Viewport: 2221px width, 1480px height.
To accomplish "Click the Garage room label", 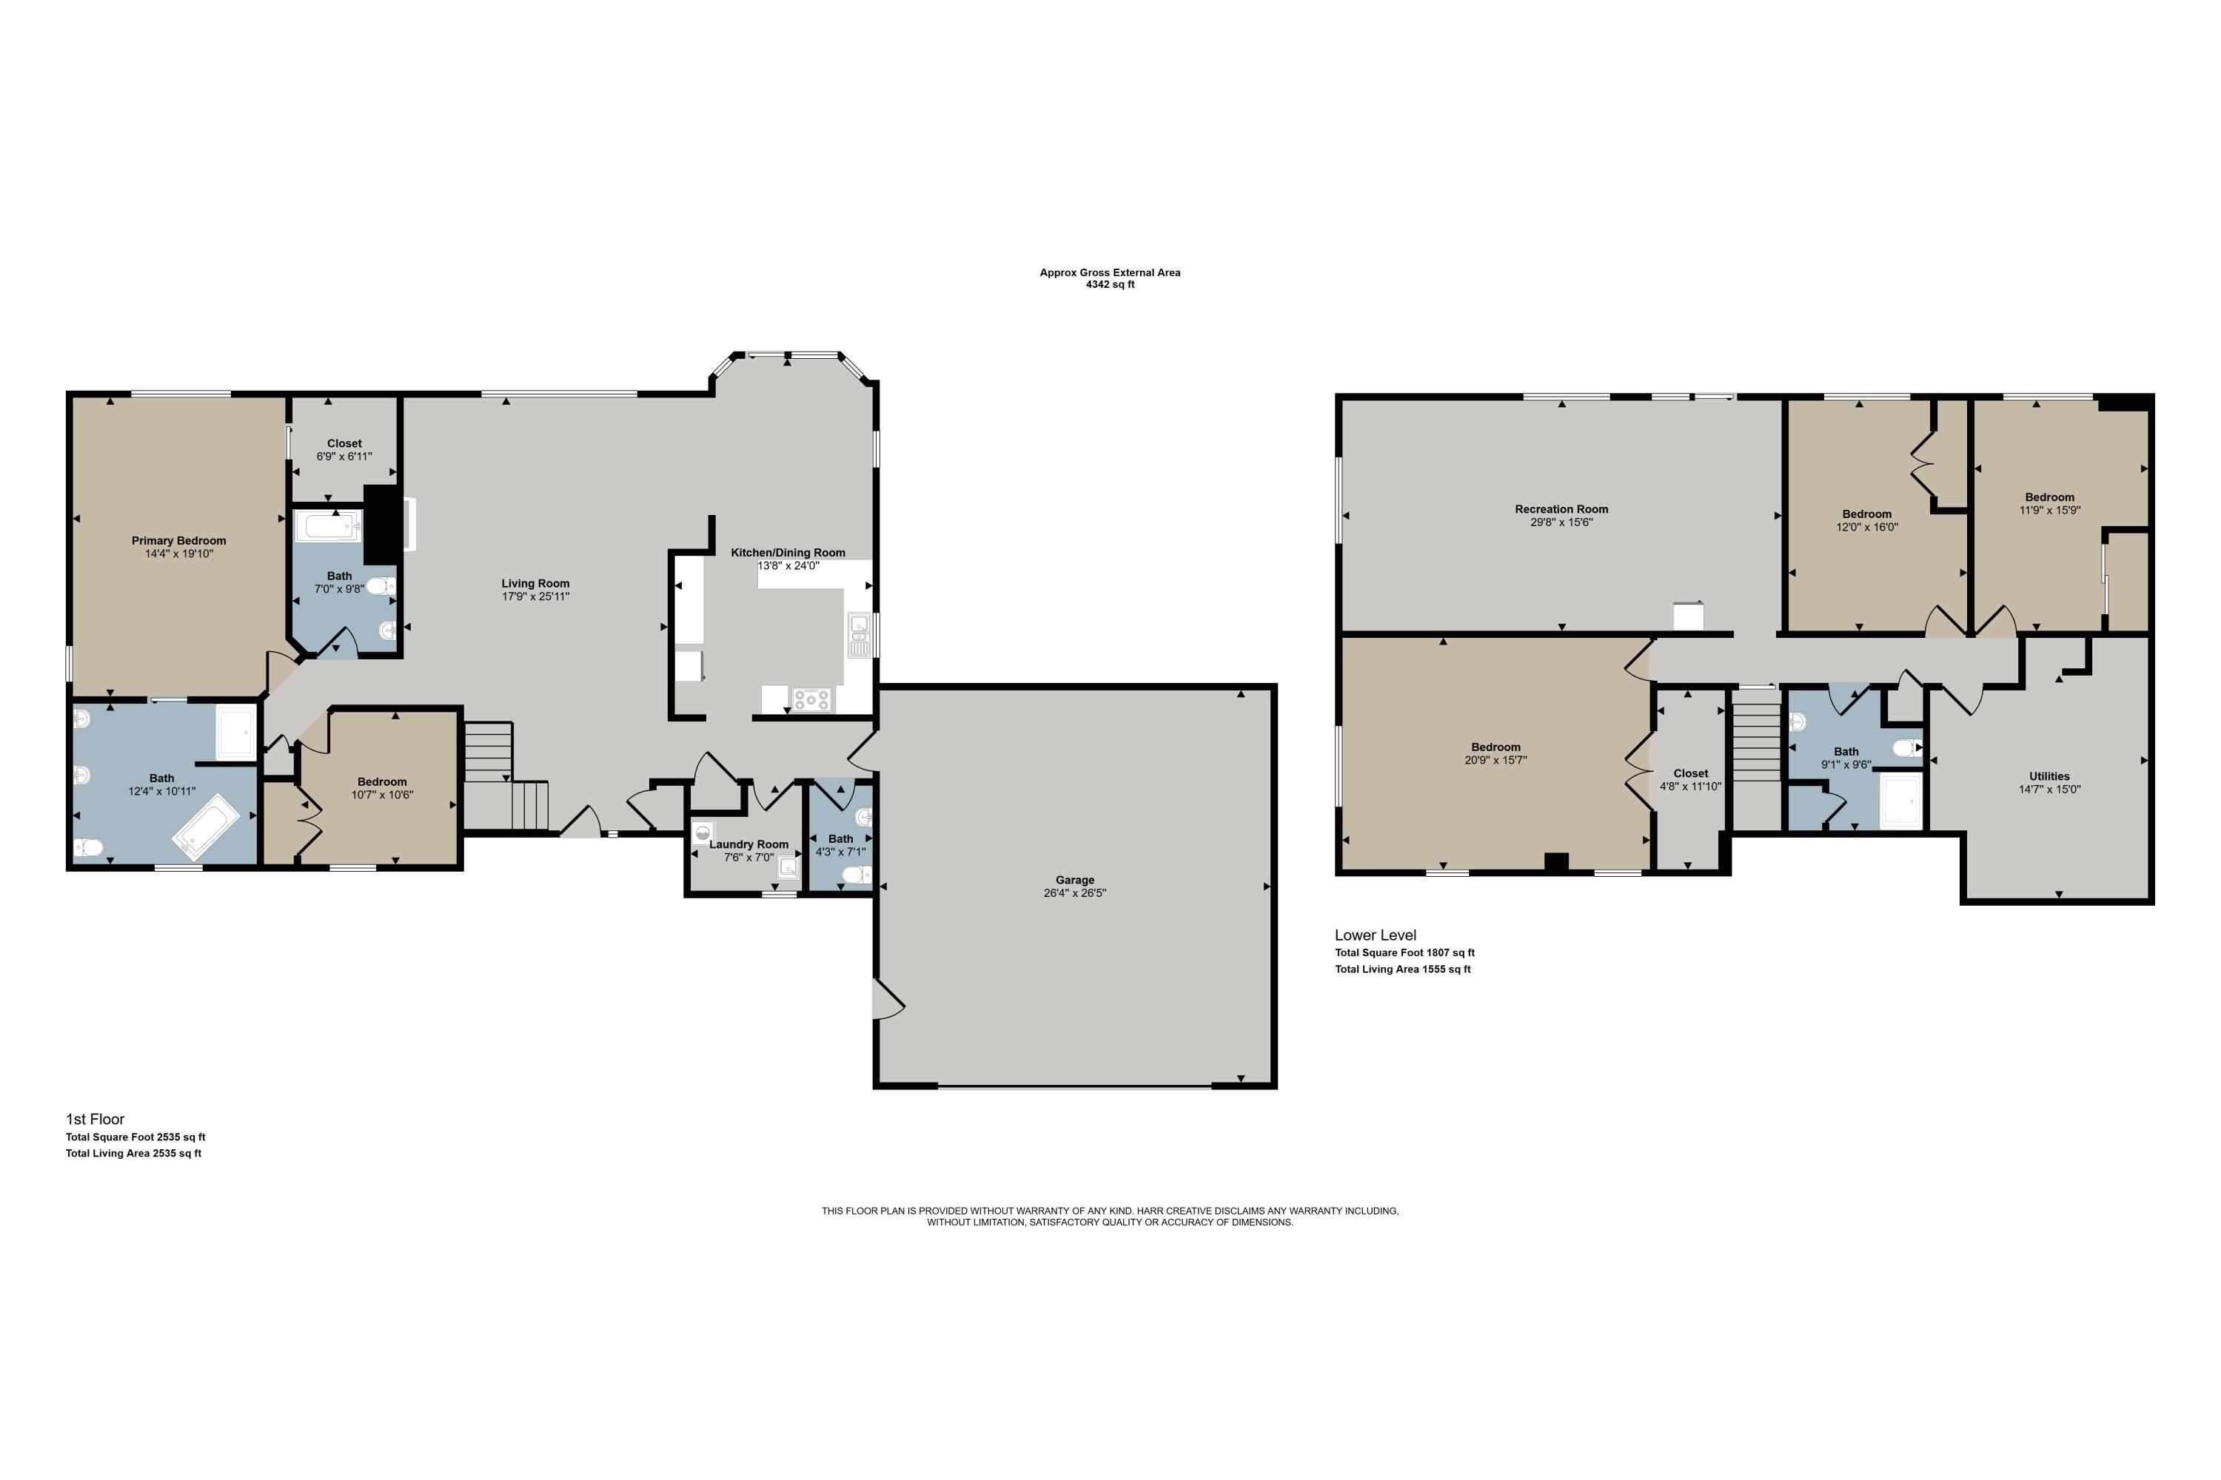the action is coord(1075,880).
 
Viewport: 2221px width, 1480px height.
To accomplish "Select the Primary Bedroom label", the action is coord(178,541).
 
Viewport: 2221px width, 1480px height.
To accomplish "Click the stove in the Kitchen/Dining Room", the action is coord(812,699).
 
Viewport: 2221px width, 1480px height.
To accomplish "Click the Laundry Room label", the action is coord(748,845).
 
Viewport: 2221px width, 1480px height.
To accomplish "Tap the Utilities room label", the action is coord(2049,776).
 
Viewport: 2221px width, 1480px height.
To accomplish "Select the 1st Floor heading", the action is coord(95,1120).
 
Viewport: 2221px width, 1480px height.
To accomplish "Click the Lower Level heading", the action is coord(1375,935).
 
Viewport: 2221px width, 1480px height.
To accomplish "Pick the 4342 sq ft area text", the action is coord(1110,284).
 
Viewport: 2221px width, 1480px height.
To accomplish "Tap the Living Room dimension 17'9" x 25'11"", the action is coord(535,596).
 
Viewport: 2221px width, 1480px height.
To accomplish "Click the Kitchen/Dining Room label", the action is coord(788,553).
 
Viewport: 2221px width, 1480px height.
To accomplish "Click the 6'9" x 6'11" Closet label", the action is coord(345,443).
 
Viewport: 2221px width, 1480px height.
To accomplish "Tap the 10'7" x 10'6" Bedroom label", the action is coord(383,781).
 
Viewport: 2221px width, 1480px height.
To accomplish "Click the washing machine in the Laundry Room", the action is coord(703,832).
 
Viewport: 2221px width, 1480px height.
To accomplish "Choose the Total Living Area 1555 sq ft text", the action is coord(1402,969).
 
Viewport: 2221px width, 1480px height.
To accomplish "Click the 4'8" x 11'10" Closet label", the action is coord(1690,773).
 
